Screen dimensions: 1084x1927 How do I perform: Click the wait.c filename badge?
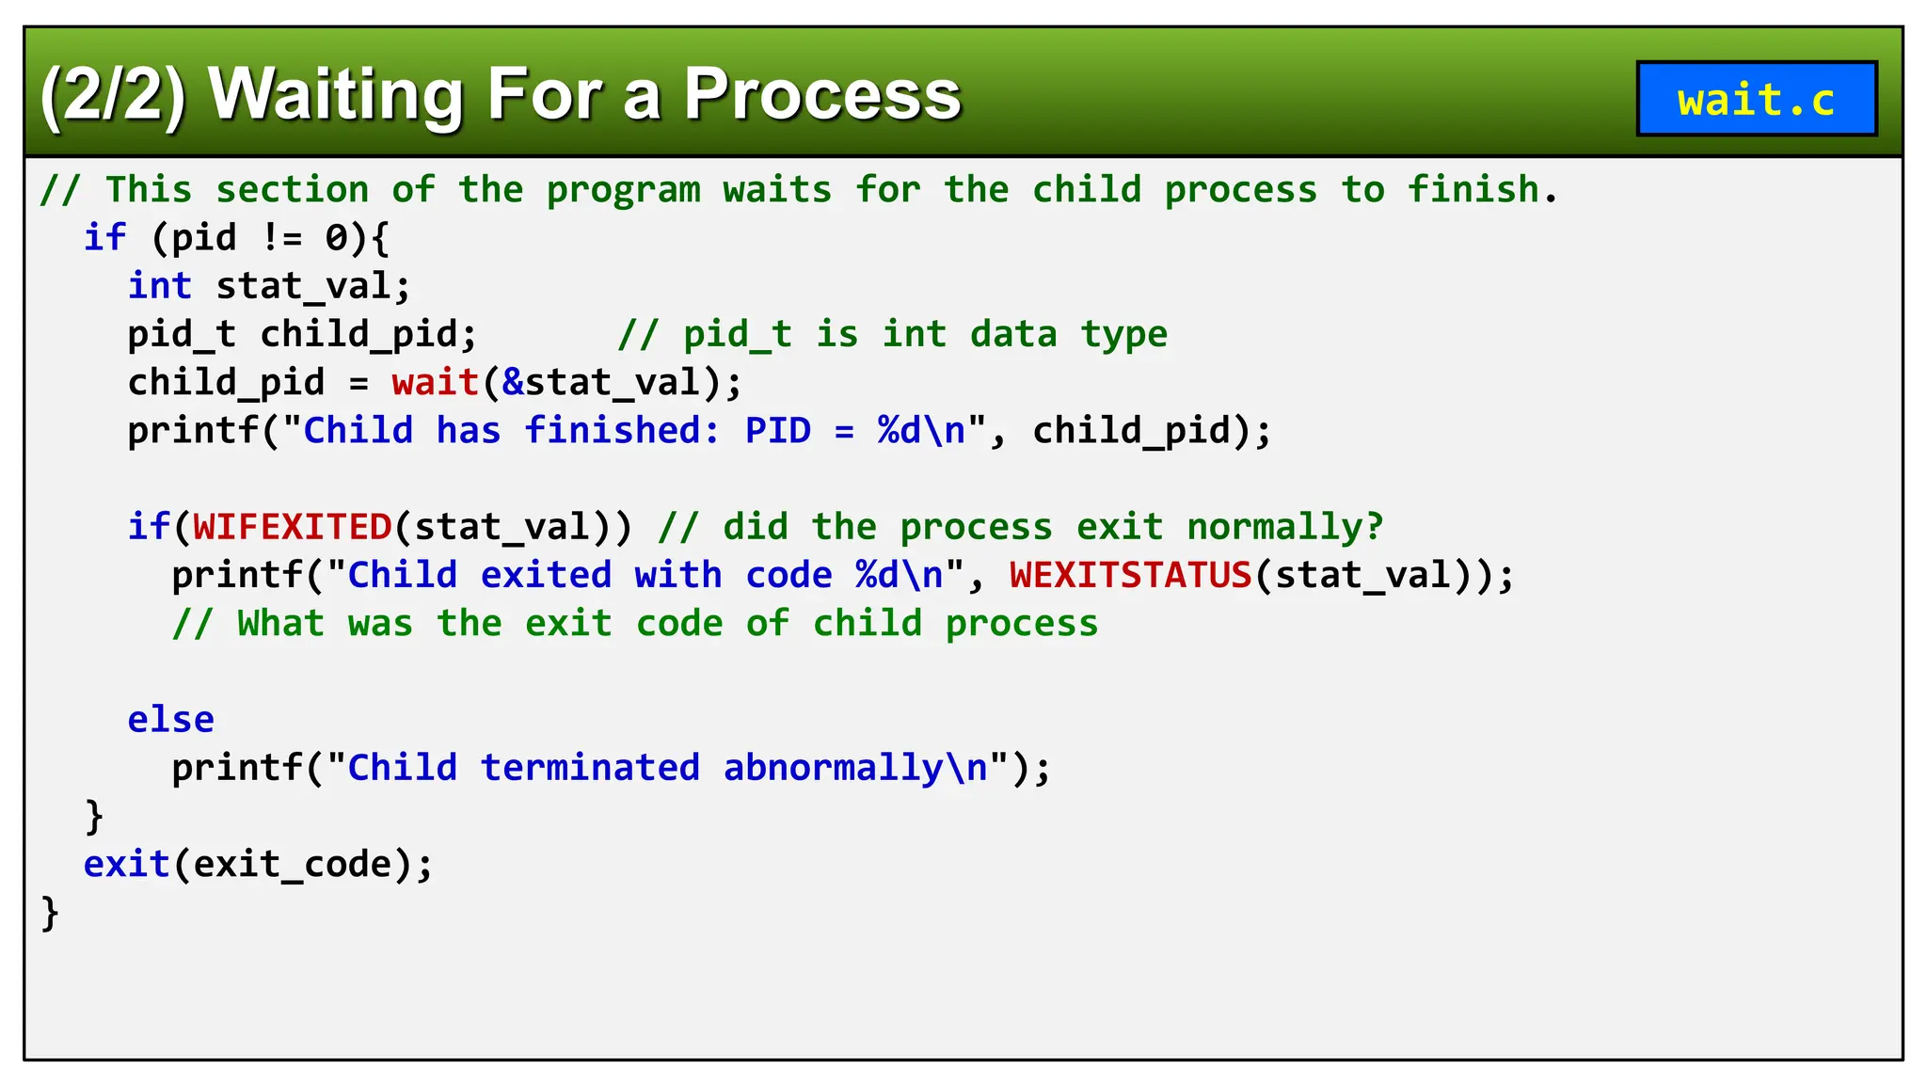[x=1756, y=99]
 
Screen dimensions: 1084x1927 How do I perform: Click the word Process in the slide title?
[x=822, y=94]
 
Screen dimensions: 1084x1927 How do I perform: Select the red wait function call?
[x=436, y=383]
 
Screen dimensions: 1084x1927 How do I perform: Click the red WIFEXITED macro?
[x=293, y=527]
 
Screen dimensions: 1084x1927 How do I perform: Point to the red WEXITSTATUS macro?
[x=1130, y=575]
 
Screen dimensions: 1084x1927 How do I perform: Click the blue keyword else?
[x=171, y=720]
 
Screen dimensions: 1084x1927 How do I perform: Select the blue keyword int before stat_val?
[x=160, y=286]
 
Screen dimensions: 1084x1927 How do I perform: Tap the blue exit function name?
[x=126, y=864]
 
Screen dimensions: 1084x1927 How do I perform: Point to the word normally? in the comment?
[x=1284, y=527]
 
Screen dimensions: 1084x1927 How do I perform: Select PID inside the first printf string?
[x=777, y=431]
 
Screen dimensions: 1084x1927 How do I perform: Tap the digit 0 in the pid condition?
[x=336, y=238]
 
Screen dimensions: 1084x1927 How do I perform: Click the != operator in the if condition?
[x=281, y=238]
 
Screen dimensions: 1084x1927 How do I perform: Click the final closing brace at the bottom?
[x=50, y=913]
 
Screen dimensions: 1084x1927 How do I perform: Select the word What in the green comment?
[x=280, y=624]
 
